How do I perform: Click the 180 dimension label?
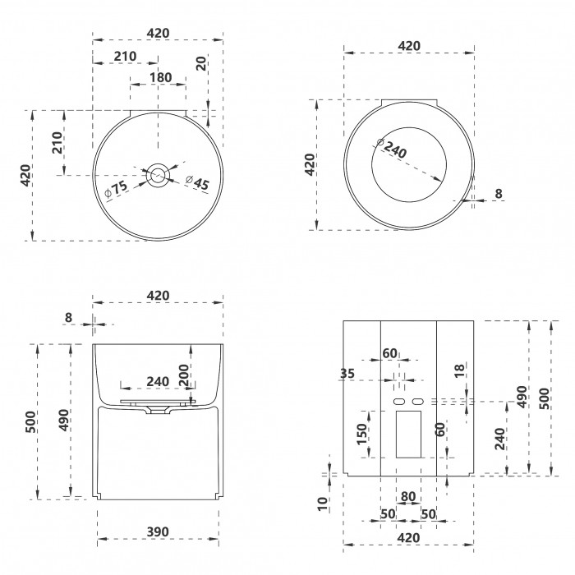click(x=161, y=77)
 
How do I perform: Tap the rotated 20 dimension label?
click(x=201, y=63)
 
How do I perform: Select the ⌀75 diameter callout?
click(x=116, y=190)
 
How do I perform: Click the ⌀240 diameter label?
click(x=392, y=147)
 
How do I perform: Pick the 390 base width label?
click(x=158, y=531)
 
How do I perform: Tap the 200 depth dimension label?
click(x=184, y=375)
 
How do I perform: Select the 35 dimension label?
click(x=347, y=373)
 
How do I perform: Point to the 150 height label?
click(x=362, y=435)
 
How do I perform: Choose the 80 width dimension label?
click(x=408, y=496)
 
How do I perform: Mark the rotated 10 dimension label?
click(x=322, y=504)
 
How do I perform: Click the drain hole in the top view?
click(x=158, y=175)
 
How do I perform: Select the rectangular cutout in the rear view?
click(x=408, y=435)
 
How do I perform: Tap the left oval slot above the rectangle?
click(x=399, y=402)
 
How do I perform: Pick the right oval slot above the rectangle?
click(x=417, y=402)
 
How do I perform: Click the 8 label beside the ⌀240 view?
click(x=499, y=193)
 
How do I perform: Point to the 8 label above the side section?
click(x=68, y=318)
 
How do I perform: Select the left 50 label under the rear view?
click(x=388, y=514)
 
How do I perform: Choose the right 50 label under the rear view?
click(x=428, y=514)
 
